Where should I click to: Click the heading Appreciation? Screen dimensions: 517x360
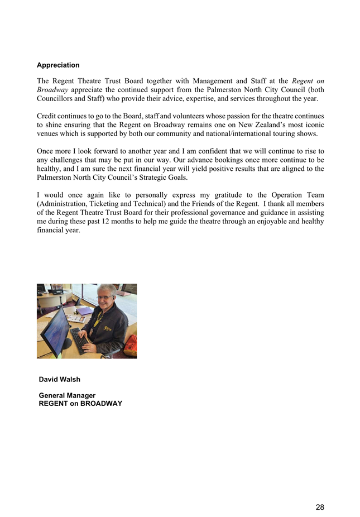(58, 65)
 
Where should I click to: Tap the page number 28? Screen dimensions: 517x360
(320, 507)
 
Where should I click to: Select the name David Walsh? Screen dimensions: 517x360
(60, 379)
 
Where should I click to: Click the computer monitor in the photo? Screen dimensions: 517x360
(55, 329)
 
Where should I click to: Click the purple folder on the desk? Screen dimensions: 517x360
(84, 310)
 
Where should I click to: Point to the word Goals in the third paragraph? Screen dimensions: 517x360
(175, 178)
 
